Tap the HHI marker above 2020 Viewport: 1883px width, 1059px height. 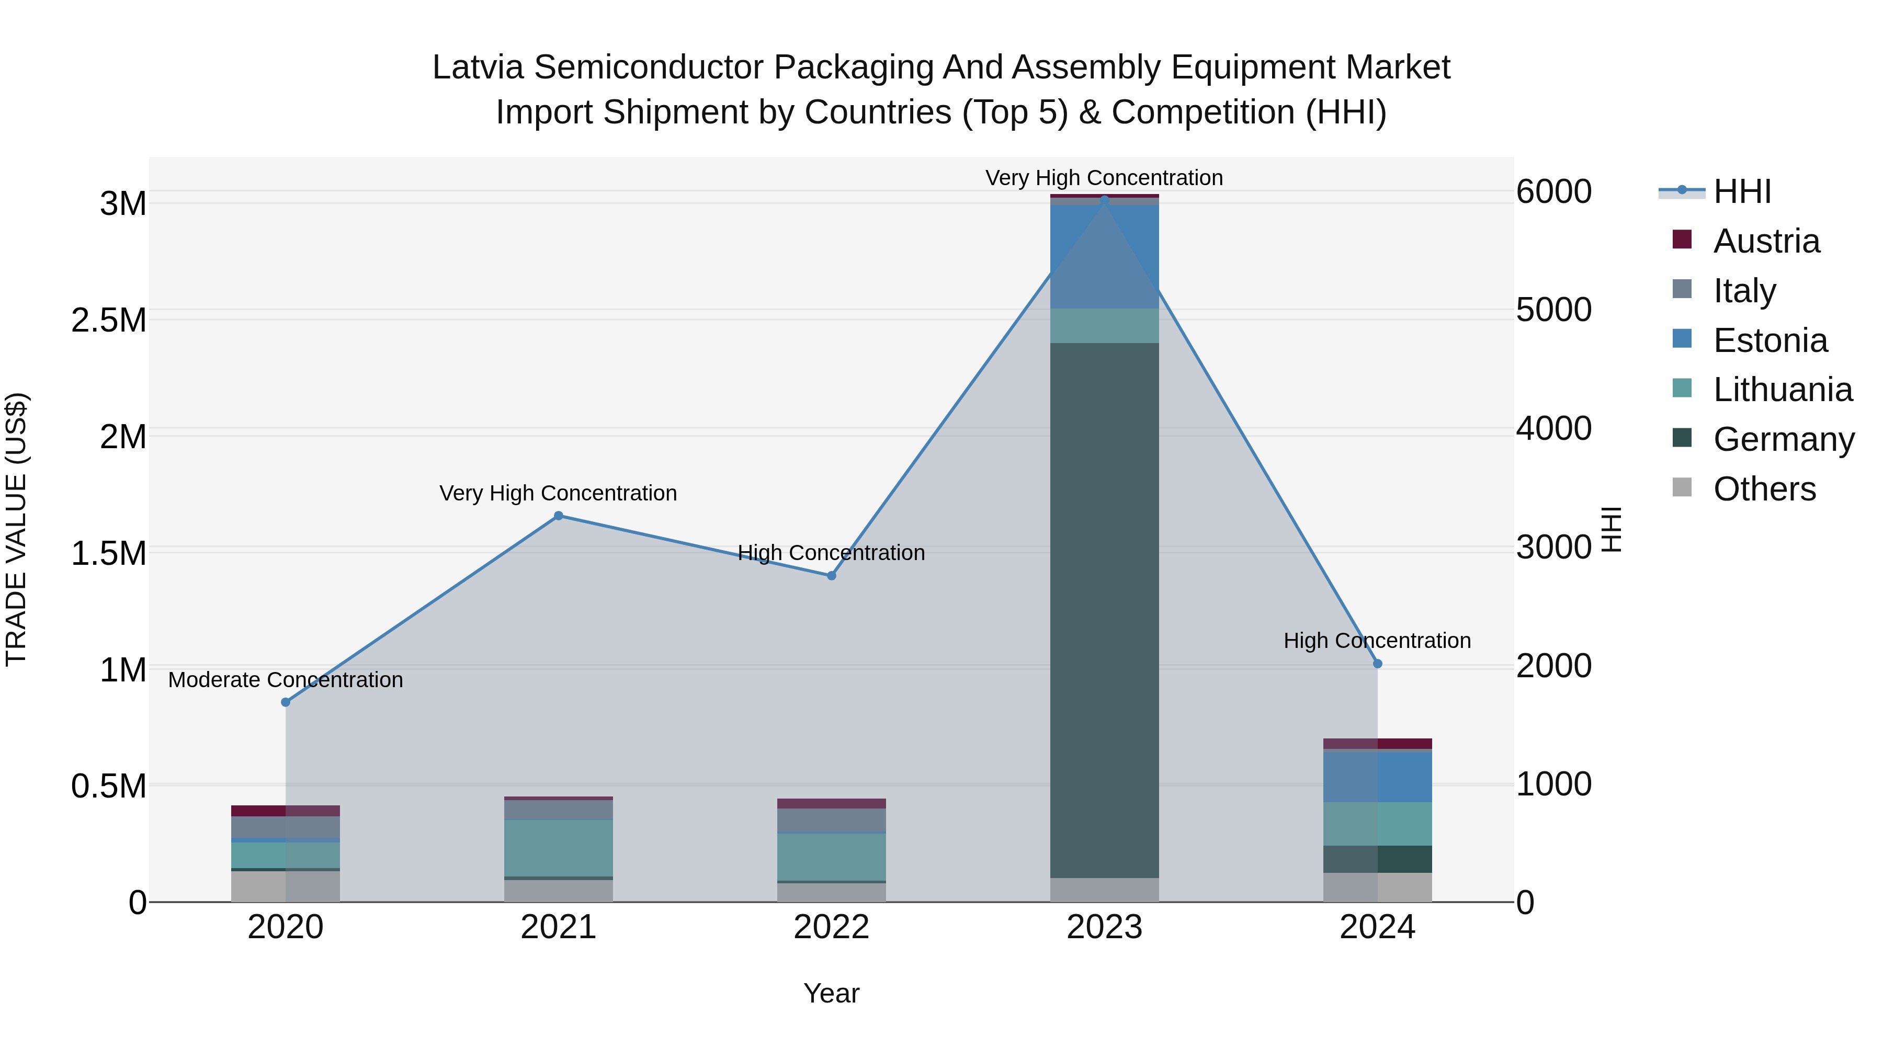click(286, 702)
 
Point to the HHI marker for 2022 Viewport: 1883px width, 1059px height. click(831, 575)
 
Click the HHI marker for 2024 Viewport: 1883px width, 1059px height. click(1377, 663)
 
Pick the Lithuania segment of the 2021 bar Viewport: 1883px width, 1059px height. click(559, 848)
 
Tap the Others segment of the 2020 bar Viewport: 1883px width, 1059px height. click(286, 886)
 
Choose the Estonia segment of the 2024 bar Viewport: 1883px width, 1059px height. click(1377, 776)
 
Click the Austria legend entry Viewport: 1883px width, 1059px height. click(1765, 241)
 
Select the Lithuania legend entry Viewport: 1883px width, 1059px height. click(1782, 390)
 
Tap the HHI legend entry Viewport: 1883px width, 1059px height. click(1741, 191)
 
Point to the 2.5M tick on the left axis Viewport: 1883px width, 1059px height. click(109, 320)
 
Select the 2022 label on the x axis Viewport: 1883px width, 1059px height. click(831, 927)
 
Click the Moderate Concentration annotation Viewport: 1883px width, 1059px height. click(286, 680)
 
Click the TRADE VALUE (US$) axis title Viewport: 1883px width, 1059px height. click(16, 529)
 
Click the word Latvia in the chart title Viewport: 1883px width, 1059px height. click(478, 67)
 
